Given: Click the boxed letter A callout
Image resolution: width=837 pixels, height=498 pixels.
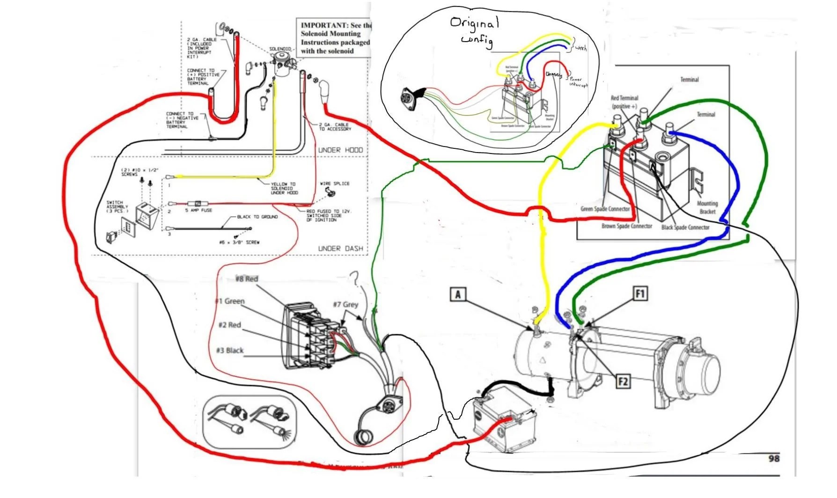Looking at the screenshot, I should point(458,294).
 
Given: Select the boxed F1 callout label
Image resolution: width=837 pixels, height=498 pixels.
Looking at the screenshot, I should point(639,294).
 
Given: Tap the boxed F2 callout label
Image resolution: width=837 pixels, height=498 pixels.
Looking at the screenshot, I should point(623,381).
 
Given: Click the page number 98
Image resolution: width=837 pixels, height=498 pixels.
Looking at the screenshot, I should point(774,458).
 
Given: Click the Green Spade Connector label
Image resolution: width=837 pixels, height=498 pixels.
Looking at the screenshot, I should point(605,209).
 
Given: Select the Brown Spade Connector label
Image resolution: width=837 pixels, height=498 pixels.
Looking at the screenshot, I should point(626,226).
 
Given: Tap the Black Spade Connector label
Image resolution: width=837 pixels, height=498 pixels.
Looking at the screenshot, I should point(685,227).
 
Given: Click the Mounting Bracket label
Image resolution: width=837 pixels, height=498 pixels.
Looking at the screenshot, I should point(707,207).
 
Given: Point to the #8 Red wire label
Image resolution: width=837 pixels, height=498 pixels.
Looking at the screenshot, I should point(247,279).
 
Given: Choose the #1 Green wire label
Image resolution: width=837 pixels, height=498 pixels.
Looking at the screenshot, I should point(230,301).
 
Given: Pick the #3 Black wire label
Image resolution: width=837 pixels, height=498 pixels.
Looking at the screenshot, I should point(229,351).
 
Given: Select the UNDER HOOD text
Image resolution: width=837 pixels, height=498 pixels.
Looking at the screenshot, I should point(340,150).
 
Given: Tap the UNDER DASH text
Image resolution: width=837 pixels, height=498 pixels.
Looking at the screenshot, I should point(340,249).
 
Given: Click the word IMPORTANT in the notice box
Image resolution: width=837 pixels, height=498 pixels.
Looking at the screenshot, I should point(324,25).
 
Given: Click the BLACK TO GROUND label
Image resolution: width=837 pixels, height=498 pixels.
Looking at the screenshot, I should point(257,217).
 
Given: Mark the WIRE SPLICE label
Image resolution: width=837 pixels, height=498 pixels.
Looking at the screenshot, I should point(334,183).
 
